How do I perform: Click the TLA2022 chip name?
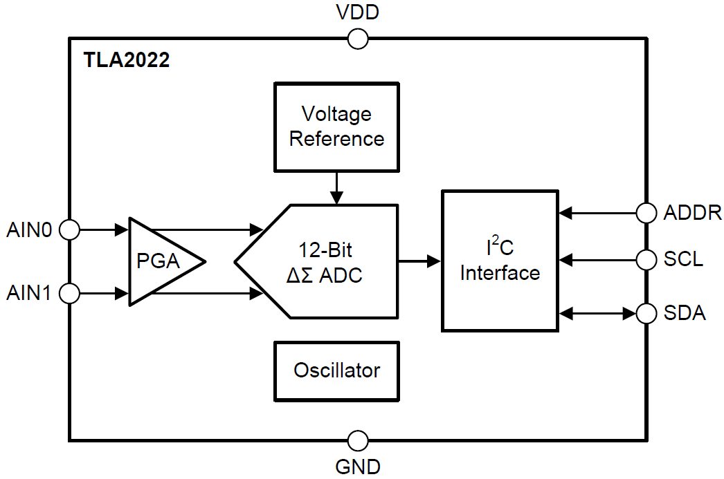pyautogui.click(x=127, y=60)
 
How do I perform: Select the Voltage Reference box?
pyautogui.click(x=336, y=126)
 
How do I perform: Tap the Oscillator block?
pyautogui.click(x=336, y=370)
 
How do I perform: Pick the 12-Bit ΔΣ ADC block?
pyautogui.click(x=325, y=261)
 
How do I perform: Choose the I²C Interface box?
pyautogui.click(x=500, y=261)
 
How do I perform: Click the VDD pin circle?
pyautogui.click(x=358, y=39)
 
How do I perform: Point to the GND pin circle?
pyautogui.click(x=358, y=440)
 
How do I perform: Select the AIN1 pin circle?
pyautogui.click(x=69, y=294)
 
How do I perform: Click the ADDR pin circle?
pyautogui.click(x=646, y=213)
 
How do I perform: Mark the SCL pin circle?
pyautogui.click(x=646, y=260)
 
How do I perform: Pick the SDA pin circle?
pyautogui.click(x=646, y=313)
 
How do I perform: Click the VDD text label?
pyautogui.click(x=357, y=12)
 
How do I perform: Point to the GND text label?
pyautogui.click(x=358, y=467)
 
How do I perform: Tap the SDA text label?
pyautogui.click(x=685, y=313)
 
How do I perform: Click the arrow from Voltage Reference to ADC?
pyautogui.click(x=336, y=187)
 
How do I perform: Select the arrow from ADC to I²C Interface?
pyautogui.click(x=420, y=261)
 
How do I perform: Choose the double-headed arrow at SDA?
pyautogui.click(x=597, y=313)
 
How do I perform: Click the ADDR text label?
pyautogui.click(x=692, y=213)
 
